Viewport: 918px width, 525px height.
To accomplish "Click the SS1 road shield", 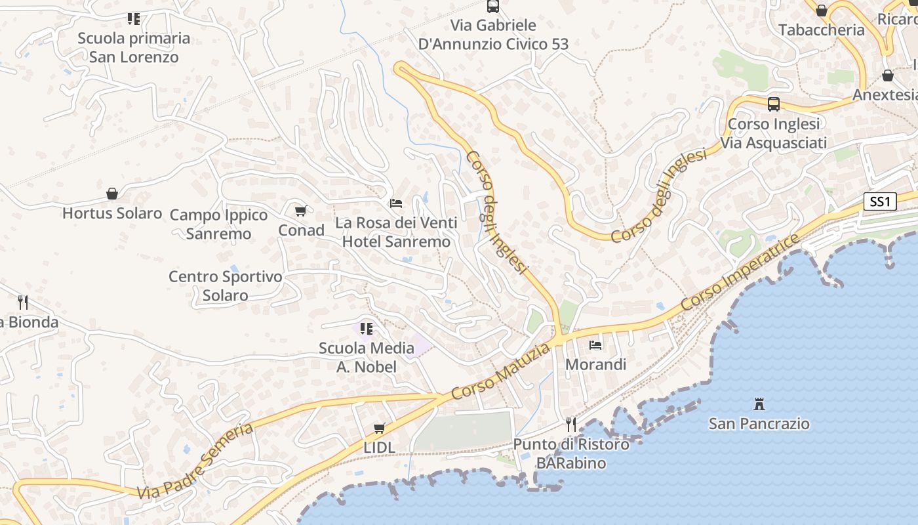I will [x=879, y=201].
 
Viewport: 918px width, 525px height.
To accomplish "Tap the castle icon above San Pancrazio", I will [x=759, y=403].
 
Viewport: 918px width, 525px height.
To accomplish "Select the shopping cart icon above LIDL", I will [x=379, y=428].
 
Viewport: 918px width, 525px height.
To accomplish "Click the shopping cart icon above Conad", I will [x=301, y=211].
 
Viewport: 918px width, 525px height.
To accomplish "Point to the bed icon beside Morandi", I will [x=595, y=345].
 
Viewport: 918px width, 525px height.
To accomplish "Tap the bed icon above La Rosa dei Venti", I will [x=396, y=203].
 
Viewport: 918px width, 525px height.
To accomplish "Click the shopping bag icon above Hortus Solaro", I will [x=112, y=194].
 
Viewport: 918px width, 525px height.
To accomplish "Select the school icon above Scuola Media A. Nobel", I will [x=366, y=327].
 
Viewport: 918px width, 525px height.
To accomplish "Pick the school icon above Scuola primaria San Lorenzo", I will [x=134, y=18].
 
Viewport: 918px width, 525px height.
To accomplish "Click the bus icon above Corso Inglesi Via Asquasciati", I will [x=774, y=104].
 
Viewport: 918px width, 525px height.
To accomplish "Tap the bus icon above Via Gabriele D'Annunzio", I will [x=493, y=7].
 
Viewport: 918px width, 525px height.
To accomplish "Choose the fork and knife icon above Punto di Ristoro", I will [x=571, y=424].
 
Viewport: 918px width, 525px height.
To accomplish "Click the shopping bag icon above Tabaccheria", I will [x=822, y=10].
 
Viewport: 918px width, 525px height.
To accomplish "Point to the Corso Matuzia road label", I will [x=500, y=372].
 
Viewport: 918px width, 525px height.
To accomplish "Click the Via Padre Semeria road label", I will [x=195, y=461].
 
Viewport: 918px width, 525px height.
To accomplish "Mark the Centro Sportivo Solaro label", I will [x=225, y=285].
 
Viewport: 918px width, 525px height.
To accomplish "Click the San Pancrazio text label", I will [x=759, y=424].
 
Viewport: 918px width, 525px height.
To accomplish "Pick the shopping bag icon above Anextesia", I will [x=888, y=75].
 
